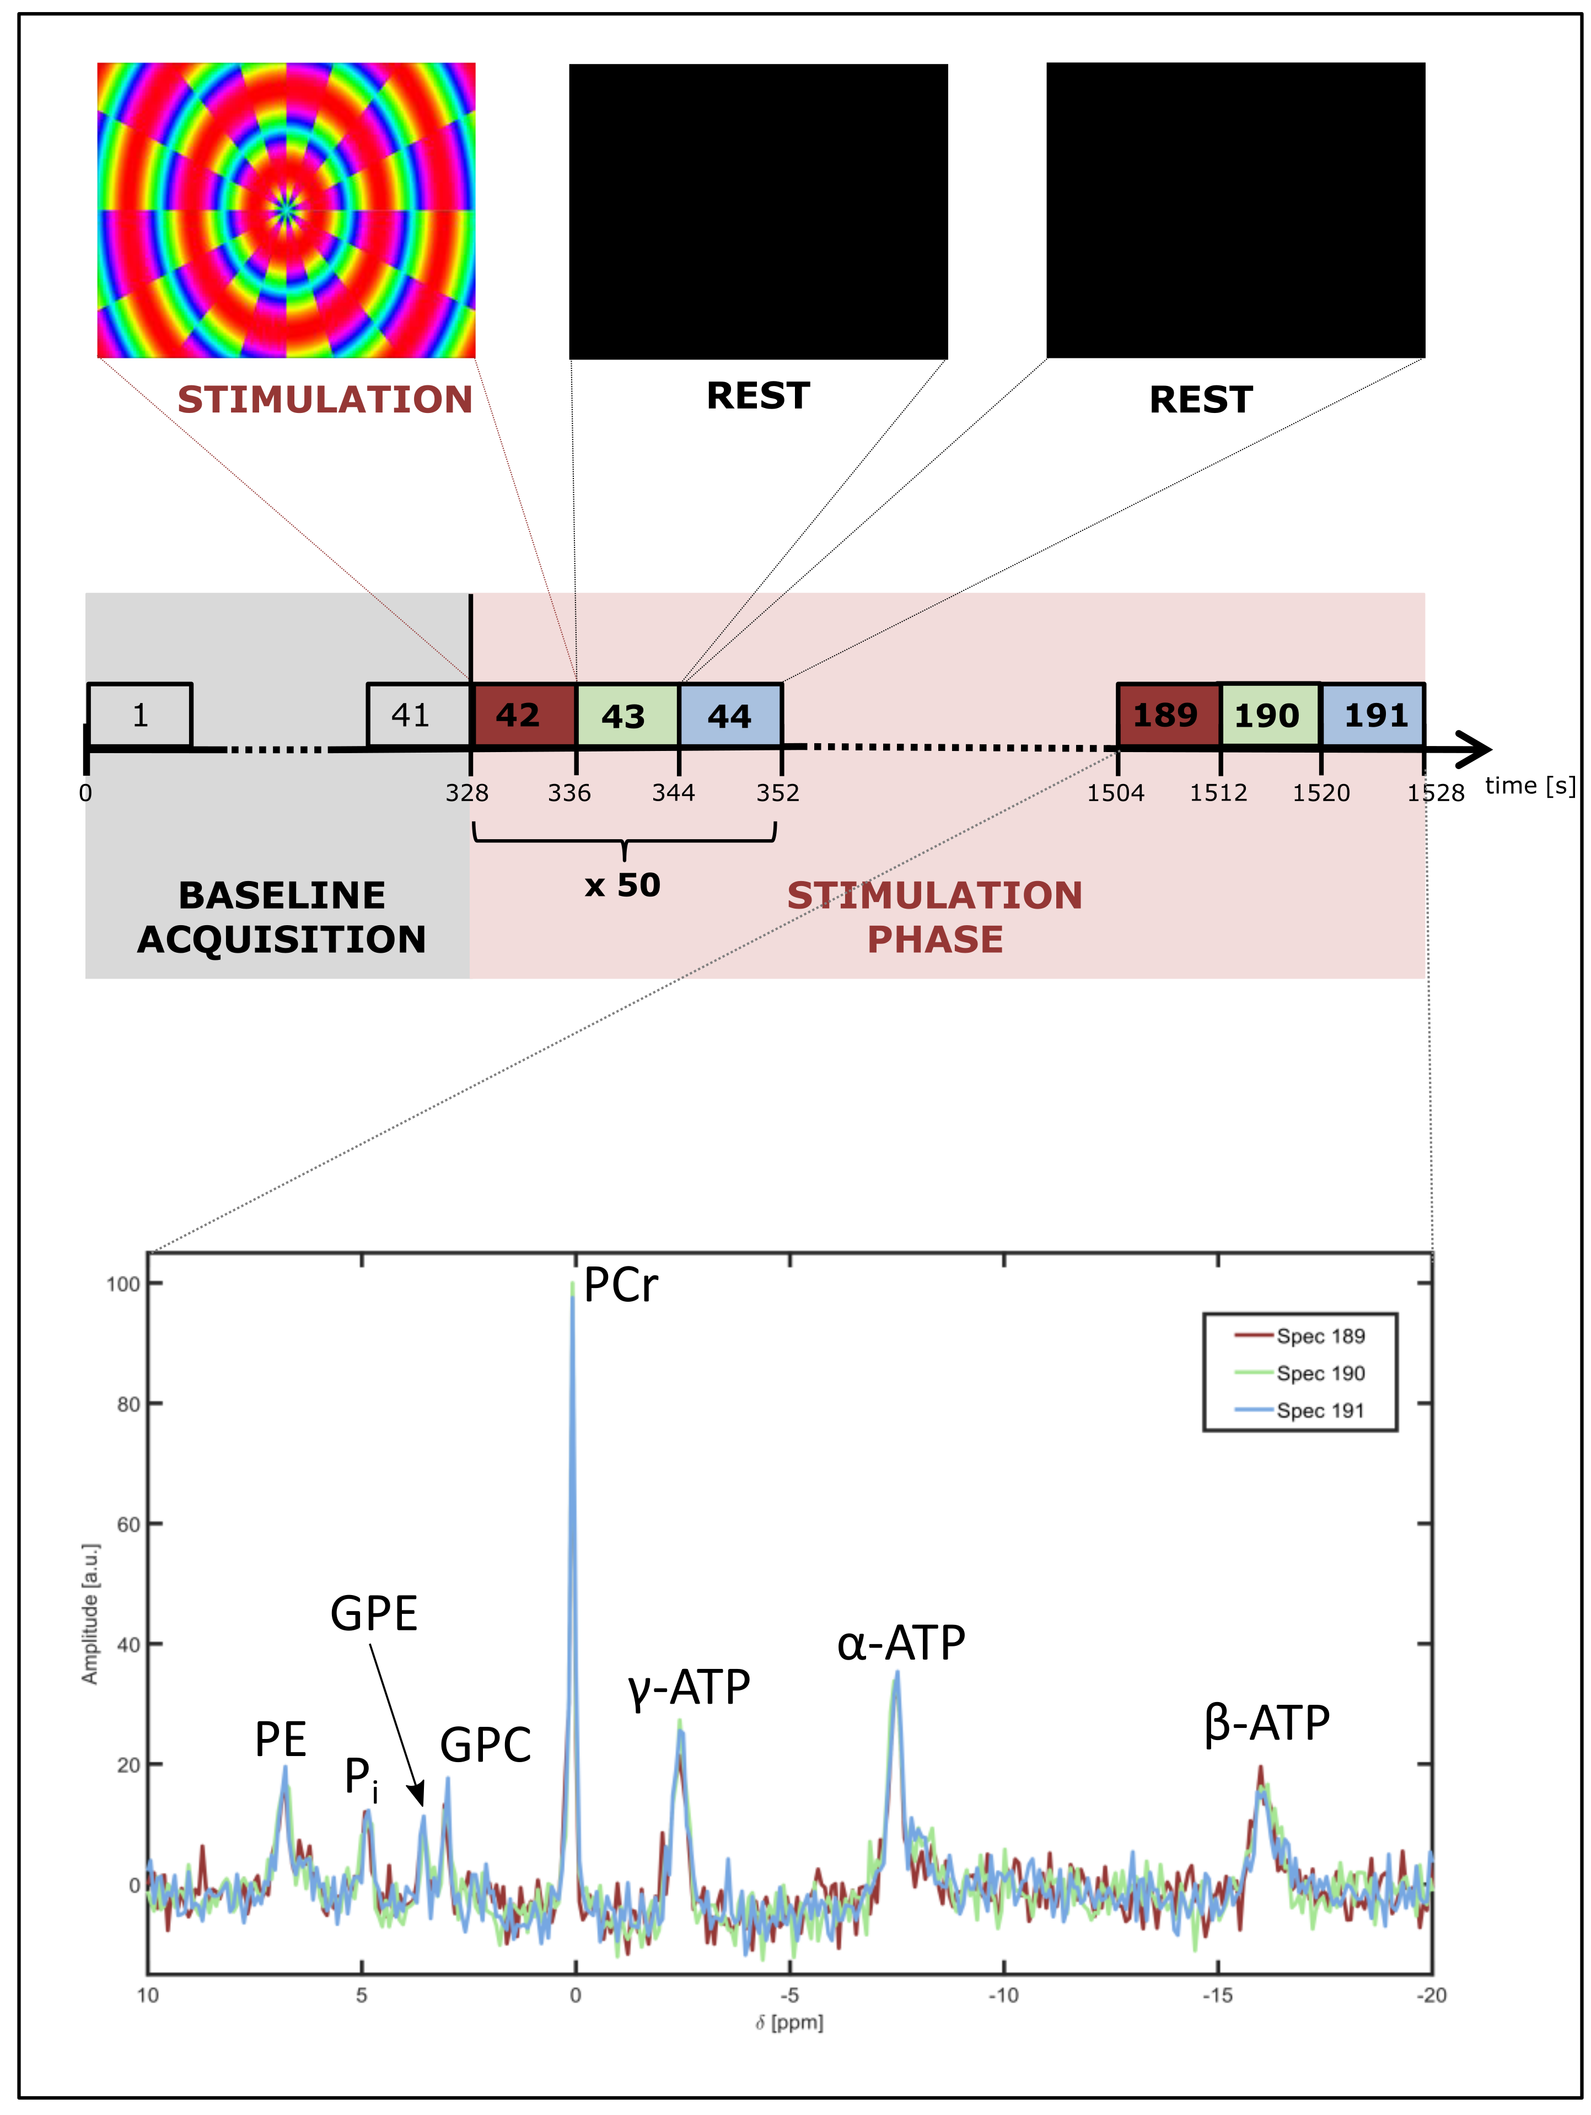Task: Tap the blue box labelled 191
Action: pyautogui.click(x=1373, y=715)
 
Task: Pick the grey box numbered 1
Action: pyautogui.click(x=139, y=715)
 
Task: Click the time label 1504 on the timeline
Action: pyautogui.click(x=1115, y=793)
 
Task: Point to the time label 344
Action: pyautogui.click(x=673, y=793)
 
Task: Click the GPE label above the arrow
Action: pyautogui.click(x=374, y=1614)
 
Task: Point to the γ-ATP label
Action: pyautogui.click(x=689, y=1688)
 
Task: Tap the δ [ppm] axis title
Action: pyautogui.click(x=789, y=2023)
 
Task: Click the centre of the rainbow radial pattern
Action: pyautogui.click(x=286, y=211)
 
